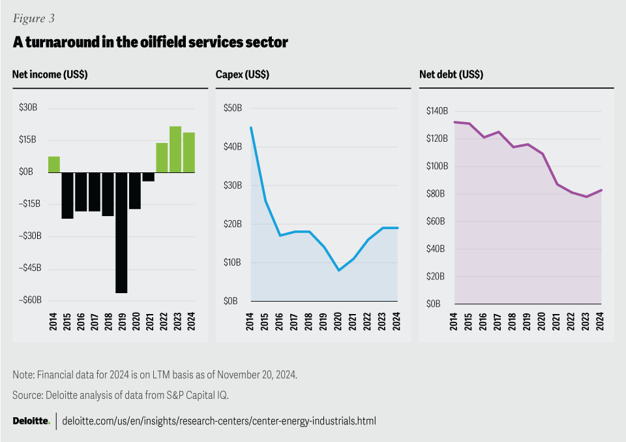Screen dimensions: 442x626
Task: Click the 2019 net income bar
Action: (x=121, y=232)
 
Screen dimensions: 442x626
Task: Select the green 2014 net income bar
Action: (x=54, y=165)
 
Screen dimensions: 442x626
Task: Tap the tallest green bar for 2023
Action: (x=175, y=150)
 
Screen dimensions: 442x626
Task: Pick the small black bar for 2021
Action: (x=149, y=176)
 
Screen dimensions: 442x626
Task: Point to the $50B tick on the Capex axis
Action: (x=233, y=108)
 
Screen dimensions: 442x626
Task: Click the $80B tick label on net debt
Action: (x=436, y=194)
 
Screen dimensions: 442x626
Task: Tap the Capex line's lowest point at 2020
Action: (x=338, y=270)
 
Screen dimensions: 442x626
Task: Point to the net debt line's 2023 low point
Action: (x=586, y=197)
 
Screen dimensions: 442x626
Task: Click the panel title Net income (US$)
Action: (x=50, y=74)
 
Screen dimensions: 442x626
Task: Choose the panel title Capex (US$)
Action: (x=243, y=74)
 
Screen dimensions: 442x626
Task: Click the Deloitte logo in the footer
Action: (x=31, y=421)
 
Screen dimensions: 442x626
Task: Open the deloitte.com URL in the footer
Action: (x=219, y=421)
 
